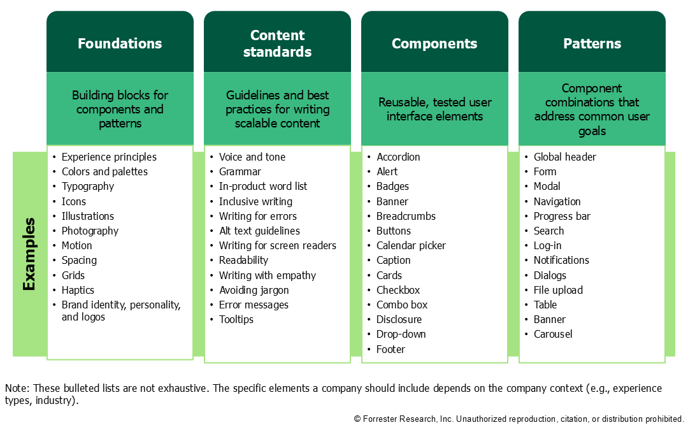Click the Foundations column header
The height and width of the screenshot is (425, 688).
pyautogui.click(x=120, y=43)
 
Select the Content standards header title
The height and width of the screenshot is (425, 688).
pyautogui.click(x=277, y=43)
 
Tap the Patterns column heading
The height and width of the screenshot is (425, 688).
pyautogui.click(x=592, y=43)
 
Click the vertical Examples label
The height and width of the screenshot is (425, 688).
pyautogui.click(x=29, y=254)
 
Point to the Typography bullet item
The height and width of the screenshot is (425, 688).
pyautogui.click(x=88, y=186)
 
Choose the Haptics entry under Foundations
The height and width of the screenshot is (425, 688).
pyautogui.click(x=78, y=290)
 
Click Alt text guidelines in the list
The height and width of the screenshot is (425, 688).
pyautogui.click(x=259, y=231)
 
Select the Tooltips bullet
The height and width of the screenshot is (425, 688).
pyautogui.click(x=236, y=319)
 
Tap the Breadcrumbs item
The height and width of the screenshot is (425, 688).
pyautogui.click(x=406, y=216)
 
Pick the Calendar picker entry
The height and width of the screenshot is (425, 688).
pyautogui.click(x=411, y=245)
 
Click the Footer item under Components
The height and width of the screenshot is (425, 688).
pyautogui.click(x=391, y=349)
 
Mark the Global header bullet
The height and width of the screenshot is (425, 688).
pyautogui.click(x=565, y=157)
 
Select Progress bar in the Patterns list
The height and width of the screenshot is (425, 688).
pyautogui.click(x=562, y=216)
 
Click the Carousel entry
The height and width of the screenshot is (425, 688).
pyautogui.click(x=553, y=334)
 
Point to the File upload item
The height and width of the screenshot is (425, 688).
pyautogui.click(x=558, y=290)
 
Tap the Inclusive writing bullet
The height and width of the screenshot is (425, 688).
pyautogui.click(x=255, y=201)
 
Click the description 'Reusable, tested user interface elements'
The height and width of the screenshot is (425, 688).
pyautogui.click(x=434, y=109)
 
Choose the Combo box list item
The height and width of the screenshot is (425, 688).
pyautogui.click(x=402, y=305)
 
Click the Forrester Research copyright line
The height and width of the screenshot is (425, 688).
pyautogui.click(x=518, y=419)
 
